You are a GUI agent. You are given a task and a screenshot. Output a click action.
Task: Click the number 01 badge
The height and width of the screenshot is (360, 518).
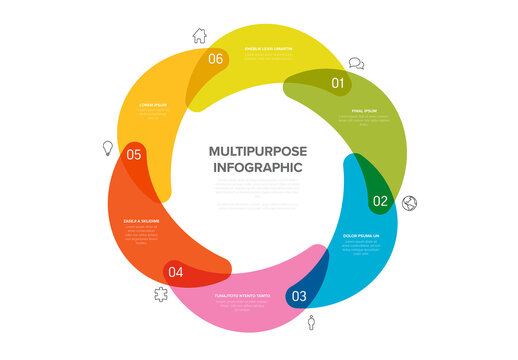[x=337, y=84]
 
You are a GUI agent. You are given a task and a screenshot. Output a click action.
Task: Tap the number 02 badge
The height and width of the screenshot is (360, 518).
[x=380, y=201]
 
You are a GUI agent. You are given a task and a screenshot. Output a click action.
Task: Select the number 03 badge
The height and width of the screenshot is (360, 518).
[x=298, y=296]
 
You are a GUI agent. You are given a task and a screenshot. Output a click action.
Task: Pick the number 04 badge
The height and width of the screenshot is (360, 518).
[x=175, y=271]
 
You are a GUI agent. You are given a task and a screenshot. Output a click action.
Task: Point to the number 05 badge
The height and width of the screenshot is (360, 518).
[x=134, y=154]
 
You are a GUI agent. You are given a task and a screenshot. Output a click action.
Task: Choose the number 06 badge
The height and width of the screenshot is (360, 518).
[x=216, y=59]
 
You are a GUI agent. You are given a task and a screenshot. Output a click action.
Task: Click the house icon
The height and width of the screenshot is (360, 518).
[x=199, y=35]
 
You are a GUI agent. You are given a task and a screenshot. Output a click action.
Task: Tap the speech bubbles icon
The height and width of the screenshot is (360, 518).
[x=356, y=63]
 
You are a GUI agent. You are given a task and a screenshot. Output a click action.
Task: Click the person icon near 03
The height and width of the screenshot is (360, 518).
[x=312, y=322]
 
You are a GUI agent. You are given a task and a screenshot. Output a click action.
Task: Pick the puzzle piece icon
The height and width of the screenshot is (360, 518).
[x=160, y=294]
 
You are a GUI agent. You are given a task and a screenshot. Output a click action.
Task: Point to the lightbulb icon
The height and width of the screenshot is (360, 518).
[x=107, y=148]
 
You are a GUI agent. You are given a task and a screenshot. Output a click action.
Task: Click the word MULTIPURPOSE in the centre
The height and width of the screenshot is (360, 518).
[x=258, y=151]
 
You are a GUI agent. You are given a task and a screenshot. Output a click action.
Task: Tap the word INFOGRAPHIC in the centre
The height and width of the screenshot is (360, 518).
[x=258, y=168]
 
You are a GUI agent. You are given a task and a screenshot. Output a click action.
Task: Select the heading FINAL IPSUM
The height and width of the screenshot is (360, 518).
[x=364, y=111]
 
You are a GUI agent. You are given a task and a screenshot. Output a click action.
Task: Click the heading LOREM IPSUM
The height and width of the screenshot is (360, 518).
[x=153, y=104]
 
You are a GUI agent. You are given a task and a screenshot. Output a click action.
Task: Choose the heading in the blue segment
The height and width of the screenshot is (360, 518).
[x=362, y=236]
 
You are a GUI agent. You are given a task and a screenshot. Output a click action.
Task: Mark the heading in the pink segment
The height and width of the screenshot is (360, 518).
[x=243, y=296]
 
